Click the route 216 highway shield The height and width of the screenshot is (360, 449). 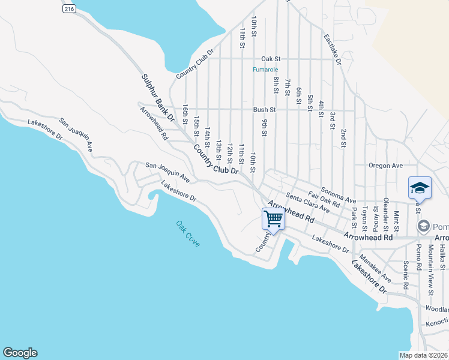69,9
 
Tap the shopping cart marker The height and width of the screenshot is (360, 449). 273,218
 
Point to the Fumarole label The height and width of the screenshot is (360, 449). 265,70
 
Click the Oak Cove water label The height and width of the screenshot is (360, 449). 188,234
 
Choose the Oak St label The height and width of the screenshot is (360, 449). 271,59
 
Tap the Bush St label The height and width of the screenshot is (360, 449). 264,110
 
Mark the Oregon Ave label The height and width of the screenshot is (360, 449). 385,166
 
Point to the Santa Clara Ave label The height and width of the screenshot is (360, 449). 308,203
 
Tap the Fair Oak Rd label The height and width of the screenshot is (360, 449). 324,199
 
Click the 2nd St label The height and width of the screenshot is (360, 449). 343,137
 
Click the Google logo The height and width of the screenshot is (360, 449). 20,353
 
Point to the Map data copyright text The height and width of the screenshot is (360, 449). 423,355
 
